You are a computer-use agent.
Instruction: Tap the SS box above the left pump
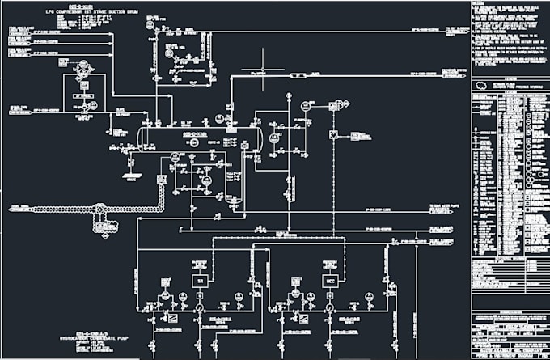click(200, 280)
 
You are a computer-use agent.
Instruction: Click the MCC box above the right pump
click(329, 280)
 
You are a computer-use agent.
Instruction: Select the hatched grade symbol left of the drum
click(130, 172)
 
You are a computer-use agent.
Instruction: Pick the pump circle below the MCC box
click(329, 308)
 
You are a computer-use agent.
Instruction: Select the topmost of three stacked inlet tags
click(24, 30)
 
